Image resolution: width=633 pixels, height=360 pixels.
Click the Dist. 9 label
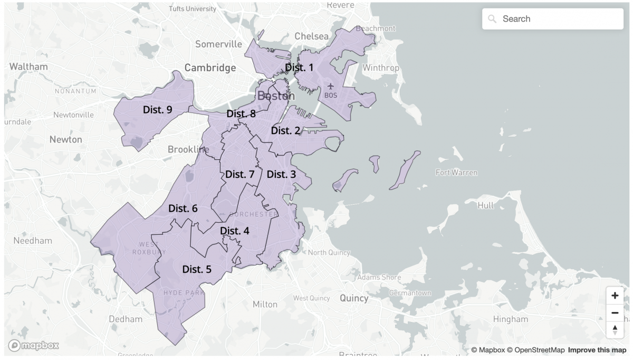[x=158, y=110]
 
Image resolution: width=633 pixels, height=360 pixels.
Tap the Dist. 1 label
[x=299, y=68]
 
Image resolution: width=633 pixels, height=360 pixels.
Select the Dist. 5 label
[x=197, y=269]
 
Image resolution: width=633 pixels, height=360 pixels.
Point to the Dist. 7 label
[x=240, y=174]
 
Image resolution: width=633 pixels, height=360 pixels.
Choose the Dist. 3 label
[x=281, y=174]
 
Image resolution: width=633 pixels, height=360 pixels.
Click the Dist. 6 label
[x=183, y=209]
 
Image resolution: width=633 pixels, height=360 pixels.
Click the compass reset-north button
[x=615, y=330]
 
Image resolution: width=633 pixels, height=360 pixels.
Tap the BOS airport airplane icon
[x=331, y=86]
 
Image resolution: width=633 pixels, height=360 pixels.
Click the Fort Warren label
[x=456, y=173]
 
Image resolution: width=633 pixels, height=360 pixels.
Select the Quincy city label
[x=354, y=298]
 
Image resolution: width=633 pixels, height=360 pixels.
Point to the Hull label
[x=486, y=205]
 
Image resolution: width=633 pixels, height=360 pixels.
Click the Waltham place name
[x=28, y=67]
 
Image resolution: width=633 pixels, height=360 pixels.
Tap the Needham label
[x=33, y=241]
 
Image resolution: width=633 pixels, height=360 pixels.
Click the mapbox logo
[x=33, y=346]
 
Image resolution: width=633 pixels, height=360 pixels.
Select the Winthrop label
[x=381, y=68]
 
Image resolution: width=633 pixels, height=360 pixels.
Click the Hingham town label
[x=510, y=319]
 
